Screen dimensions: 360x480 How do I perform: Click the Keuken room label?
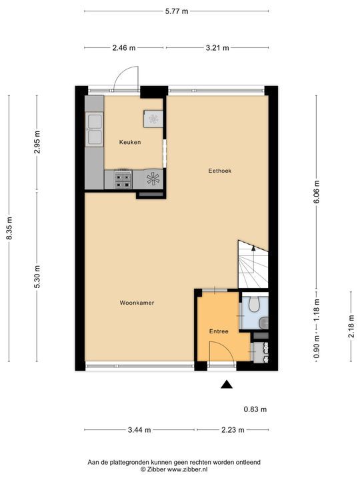[x=130, y=142]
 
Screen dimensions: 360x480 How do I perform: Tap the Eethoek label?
[x=220, y=171]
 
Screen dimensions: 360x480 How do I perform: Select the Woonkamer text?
[x=137, y=303]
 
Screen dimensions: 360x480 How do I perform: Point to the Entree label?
[x=219, y=331]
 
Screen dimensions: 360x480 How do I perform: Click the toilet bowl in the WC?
[x=254, y=304]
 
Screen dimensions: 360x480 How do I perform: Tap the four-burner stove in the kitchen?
[x=123, y=179]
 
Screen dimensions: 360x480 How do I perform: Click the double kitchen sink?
[x=94, y=129]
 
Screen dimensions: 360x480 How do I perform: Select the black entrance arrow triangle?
[x=227, y=385]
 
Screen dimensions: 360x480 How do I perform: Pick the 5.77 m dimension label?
[x=177, y=11]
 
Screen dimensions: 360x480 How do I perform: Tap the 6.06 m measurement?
[x=317, y=191]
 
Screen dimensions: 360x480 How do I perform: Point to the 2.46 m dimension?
[x=124, y=48]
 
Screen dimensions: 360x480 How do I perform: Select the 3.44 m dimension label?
[x=139, y=430]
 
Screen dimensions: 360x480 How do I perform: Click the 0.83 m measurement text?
[x=255, y=409]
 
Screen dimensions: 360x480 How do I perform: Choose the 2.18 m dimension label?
[x=351, y=326]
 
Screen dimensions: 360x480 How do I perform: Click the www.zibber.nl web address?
[x=188, y=469]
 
